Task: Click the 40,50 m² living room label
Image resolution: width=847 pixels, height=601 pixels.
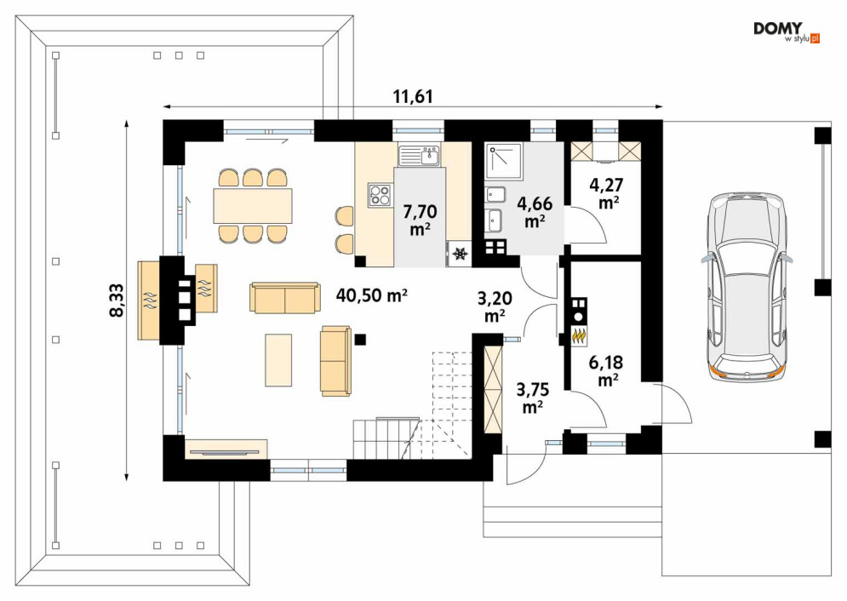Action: [372, 295]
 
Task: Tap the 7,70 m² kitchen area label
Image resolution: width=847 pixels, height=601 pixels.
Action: [420, 220]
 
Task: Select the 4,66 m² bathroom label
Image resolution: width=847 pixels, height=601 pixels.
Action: [535, 212]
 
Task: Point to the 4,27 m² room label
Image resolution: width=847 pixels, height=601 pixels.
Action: [608, 193]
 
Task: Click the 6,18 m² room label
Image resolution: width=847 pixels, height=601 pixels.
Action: [608, 371]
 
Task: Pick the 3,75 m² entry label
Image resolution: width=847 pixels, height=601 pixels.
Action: [533, 398]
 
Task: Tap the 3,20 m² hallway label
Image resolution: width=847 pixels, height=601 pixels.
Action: [495, 306]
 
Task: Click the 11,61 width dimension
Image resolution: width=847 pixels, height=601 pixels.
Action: [413, 96]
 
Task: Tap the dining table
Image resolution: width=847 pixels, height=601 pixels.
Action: [253, 206]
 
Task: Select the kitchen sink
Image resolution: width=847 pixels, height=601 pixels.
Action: [420, 156]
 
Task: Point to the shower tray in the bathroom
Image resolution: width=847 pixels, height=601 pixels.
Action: [503, 160]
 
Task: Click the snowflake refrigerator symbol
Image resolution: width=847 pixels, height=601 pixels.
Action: [461, 253]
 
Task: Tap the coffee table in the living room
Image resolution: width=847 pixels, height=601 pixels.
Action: [278, 359]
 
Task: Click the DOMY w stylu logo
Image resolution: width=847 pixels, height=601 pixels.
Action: [787, 32]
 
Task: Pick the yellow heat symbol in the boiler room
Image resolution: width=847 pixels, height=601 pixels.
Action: [579, 336]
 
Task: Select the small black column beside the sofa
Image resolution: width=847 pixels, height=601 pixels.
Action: [360, 339]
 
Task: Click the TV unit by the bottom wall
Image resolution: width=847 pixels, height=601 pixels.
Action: [226, 449]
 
